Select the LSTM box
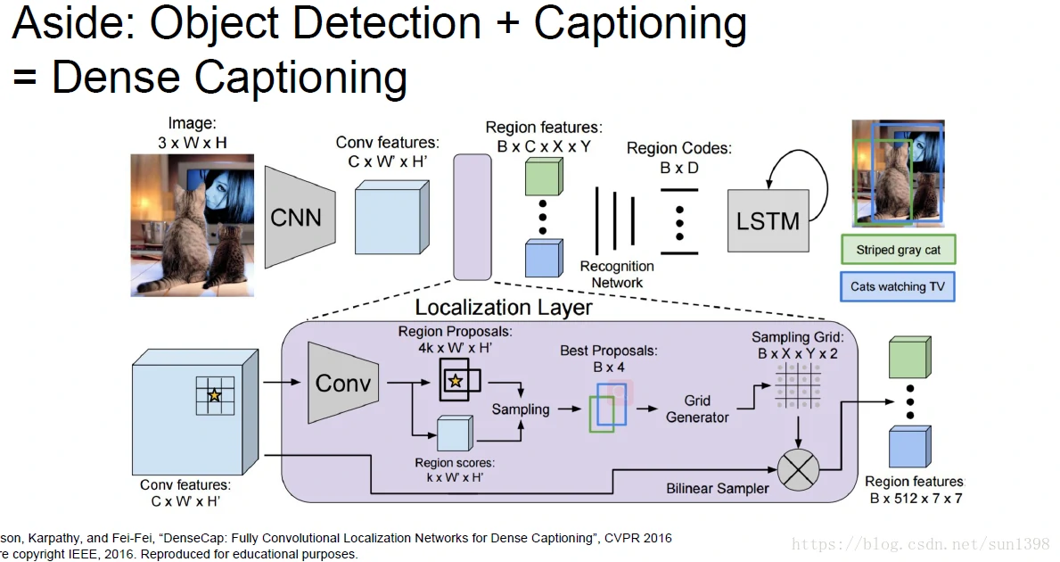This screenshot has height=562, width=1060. pyautogui.click(x=768, y=220)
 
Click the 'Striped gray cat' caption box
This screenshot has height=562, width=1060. pyautogui.click(x=898, y=250)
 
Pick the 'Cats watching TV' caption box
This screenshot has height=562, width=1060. pyautogui.click(x=897, y=286)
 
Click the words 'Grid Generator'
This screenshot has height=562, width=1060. pyautogui.click(x=697, y=409)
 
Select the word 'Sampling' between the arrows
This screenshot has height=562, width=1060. pyautogui.click(x=521, y=409)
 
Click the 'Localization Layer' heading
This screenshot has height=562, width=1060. pyautogui.click(x=504, y=308)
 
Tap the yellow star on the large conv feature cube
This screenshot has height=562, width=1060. pyautogui.click(x=214, y=395)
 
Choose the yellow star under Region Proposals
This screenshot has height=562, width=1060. pyautogui.click(x=456, y=381)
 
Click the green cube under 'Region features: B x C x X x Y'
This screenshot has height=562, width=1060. pyautogui.click(x=544, y=175)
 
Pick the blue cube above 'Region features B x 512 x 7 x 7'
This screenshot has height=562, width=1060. pyautogui.click(x=909, y=447)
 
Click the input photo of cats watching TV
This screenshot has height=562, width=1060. pyautogui.click(x=192, y=225)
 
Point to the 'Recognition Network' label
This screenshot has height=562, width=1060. pyautogui.click(x=617, y=274)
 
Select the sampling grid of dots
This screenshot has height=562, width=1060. pyautogui.click(x=798, y=385)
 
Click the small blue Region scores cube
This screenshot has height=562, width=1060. pyautogui.click(x=453, y=434)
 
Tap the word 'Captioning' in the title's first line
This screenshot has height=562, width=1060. pyautogui.click(x=640, y=25)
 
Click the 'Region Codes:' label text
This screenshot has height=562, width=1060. pyautogui.click(x=678, y=148)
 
